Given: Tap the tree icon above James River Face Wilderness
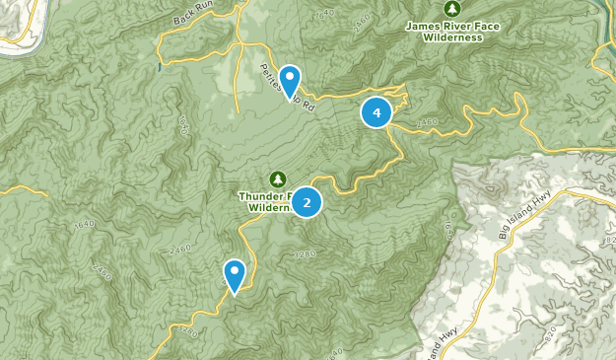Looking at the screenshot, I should (x=453, y=8).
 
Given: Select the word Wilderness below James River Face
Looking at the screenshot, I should (x=451, y=37).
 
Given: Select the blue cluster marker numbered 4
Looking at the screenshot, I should (x=376, y=112).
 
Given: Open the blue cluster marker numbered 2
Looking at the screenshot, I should (x=307, y=202).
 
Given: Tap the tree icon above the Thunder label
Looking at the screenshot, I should (x=277, y=178).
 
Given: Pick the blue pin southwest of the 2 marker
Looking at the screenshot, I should (x=235, y=274).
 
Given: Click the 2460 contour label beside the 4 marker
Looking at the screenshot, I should (x=426, y=122).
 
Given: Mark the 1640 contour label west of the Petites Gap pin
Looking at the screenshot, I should (x=183, y=124).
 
